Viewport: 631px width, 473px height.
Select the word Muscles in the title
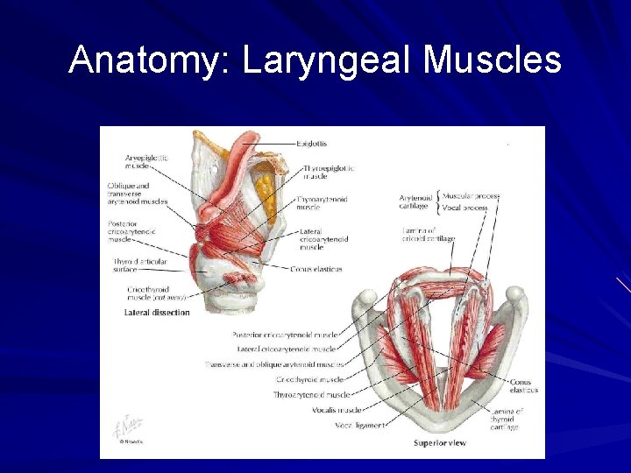492,60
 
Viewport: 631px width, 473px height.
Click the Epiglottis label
311,143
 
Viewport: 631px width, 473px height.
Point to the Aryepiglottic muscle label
145,161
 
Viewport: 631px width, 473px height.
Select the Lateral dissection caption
157,313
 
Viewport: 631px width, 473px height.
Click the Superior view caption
439,443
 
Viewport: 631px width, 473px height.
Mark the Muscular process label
471,196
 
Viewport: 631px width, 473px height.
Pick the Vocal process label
464,208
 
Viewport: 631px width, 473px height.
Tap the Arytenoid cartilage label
414,202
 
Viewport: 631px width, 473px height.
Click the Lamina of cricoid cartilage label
428,233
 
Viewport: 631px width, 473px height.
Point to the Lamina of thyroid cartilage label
507,419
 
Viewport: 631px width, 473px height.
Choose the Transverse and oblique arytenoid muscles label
274,364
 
